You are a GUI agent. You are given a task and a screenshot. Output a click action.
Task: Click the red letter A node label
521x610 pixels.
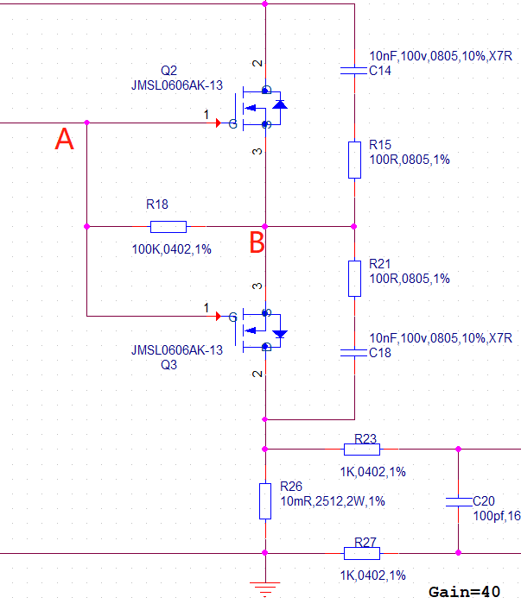tap(64, 139)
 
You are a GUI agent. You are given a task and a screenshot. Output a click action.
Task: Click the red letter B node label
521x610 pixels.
tap(257, 242)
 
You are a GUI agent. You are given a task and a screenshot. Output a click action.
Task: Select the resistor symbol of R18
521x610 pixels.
tap(168, 226)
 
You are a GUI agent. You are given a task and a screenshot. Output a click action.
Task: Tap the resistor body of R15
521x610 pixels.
tap(354, 160)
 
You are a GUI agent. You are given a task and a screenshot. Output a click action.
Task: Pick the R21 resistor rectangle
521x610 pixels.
tap(354, 279)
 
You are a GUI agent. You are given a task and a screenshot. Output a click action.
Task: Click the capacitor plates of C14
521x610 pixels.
tap(354, 71)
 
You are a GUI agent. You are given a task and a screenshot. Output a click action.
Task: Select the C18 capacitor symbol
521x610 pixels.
tap(354, 353)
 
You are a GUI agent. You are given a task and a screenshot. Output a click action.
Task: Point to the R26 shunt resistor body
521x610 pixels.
tap(265, 501)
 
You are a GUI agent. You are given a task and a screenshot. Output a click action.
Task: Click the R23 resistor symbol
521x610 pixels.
tap(362, 450)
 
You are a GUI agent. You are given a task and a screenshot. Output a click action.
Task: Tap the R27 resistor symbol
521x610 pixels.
tap(362, 553)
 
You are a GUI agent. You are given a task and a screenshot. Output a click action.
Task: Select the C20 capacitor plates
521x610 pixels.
tap(459, 501)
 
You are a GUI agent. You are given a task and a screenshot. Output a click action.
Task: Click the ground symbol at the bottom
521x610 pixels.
tap(265, 589)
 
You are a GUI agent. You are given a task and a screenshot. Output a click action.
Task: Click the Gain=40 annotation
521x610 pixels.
tap(464, 592)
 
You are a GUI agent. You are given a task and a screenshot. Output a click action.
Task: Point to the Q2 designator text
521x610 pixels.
tap(168, 71)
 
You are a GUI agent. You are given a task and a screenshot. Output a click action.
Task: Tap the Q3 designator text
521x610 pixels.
tap(168, 365)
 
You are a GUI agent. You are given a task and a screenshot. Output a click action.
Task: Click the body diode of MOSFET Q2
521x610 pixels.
tap(280, 104)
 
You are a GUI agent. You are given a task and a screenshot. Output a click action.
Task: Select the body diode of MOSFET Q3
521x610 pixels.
tap(280, 334)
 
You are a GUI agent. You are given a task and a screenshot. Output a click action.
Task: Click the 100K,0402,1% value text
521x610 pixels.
tap(171, 249)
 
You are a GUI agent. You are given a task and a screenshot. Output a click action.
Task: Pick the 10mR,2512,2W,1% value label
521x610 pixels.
tap(333, 501)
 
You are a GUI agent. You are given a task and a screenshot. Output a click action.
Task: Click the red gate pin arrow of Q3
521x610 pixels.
tap(219, 316)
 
